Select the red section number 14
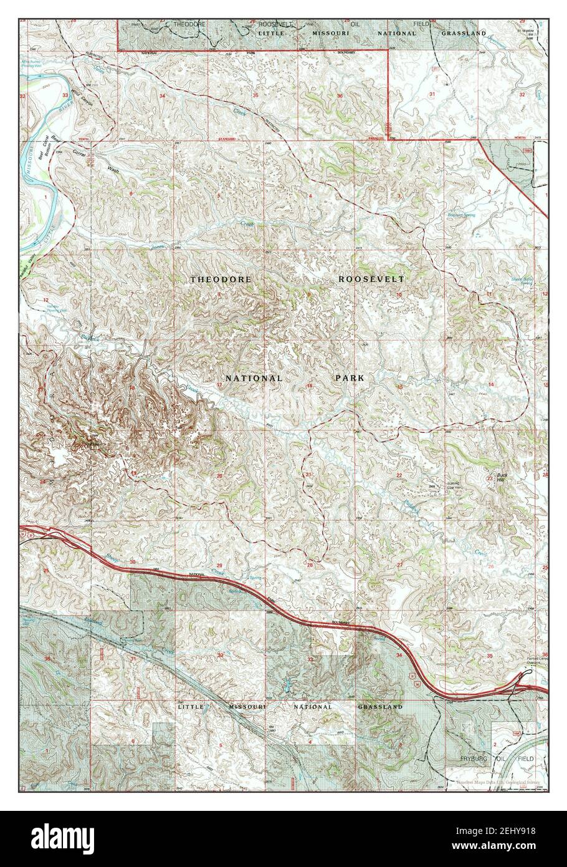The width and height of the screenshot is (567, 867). [490, 384]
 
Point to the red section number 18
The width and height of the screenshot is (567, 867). [132, 387]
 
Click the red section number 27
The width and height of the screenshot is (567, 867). [399, 565]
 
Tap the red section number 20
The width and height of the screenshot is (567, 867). [219, 476]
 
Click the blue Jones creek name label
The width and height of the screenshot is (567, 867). [157, 248]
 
